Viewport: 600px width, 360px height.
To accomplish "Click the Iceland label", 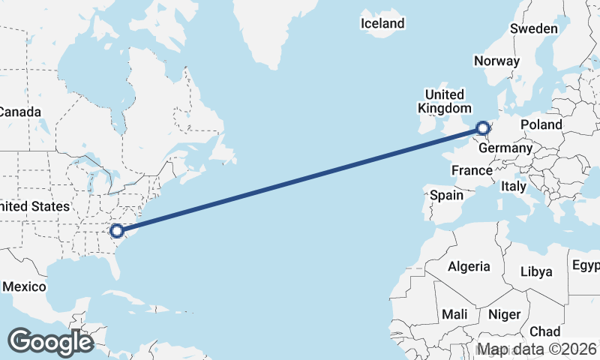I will coord(382,23).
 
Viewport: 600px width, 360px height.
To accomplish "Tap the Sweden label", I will coord(533,28).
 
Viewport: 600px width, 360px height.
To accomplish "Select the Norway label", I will coord(496,61).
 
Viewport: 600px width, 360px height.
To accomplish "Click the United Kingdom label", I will coord(445,101).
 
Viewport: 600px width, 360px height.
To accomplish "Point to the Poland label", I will coord(541,124).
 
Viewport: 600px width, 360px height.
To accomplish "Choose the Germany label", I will coord(505,148).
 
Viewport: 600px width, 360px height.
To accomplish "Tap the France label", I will coord(471,171).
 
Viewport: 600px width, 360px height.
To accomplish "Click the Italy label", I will coord(514,185).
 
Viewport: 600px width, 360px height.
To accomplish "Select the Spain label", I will coord(446,195).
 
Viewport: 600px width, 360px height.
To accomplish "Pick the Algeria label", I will coord(469,266).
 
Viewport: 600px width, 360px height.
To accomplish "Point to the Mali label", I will coord(454,313).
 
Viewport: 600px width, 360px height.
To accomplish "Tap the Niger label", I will coord(504,313).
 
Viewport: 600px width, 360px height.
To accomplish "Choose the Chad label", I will coord(544,331).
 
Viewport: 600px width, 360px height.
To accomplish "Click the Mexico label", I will coord(24,286).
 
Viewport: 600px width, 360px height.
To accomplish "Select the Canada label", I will coord(19,112).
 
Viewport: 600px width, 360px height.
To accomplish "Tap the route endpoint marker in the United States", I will coord(116,230).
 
